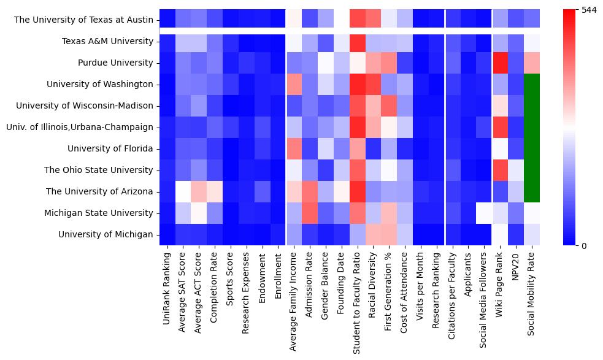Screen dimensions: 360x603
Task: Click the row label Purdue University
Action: pyautogui.click(x=115, y=63)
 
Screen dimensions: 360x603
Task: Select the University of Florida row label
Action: pyautogui.click(x=110, y=148)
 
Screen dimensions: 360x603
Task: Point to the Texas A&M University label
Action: pyautogui.click(x=107, y=42)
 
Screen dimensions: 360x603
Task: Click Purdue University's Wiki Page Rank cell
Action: pyautogui.click(x=501, y=63)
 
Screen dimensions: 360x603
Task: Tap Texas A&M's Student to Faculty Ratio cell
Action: pyautogui.click(x=358, y=42)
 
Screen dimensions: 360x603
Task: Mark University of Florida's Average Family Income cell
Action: pyautogui.click(x=294, y=148)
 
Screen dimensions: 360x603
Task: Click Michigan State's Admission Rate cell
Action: pyautogui.click(x=310, y=213)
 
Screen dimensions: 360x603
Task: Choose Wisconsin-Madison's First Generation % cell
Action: pyautogui.click(x=390, y=105)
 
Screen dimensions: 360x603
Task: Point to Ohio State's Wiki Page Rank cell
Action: pyautogui.click(x=501, y=170)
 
